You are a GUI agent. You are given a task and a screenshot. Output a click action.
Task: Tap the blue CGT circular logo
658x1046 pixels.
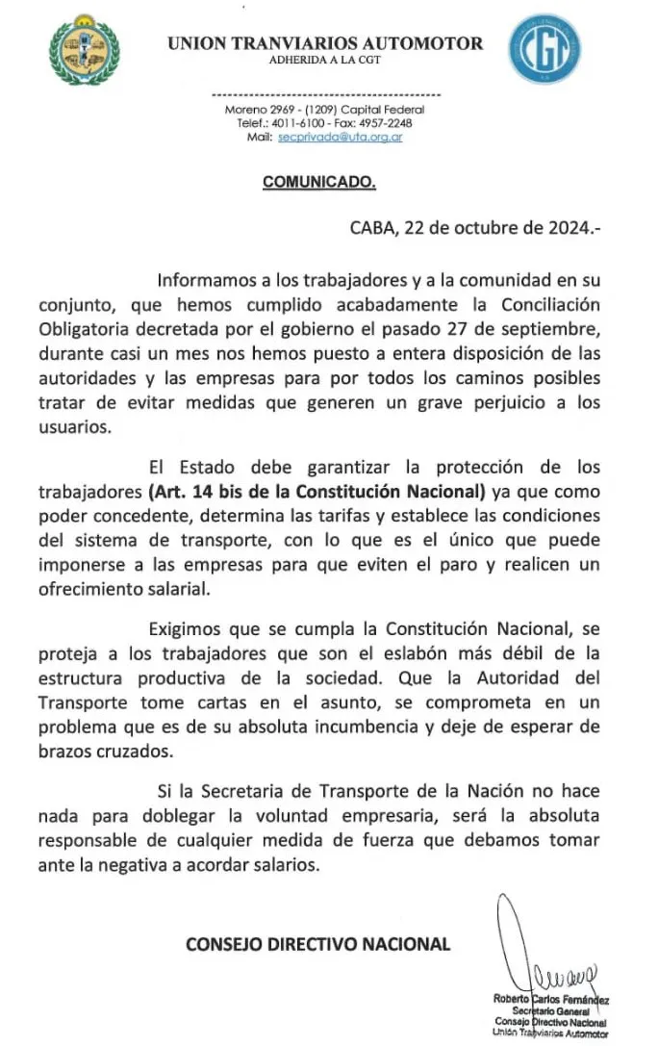(x=544, y=48)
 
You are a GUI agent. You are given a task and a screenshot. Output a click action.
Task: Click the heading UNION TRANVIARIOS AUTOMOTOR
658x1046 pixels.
(x=325, y=43)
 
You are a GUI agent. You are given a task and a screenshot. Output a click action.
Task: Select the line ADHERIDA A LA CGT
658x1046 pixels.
(x=324, y=61)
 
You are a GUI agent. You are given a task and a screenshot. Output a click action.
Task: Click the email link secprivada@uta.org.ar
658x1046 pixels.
(x=340, y=138)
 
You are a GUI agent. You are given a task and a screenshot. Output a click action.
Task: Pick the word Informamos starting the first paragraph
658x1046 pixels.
(x=206, y=282)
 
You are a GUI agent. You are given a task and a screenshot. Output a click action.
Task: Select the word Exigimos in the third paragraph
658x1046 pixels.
(x=188, y=630)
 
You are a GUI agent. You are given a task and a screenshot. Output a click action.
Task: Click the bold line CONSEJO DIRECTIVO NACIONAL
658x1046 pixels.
(x=318, y=943)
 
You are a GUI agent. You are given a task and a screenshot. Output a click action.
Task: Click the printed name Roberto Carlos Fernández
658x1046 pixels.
(x=551, y=1000)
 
